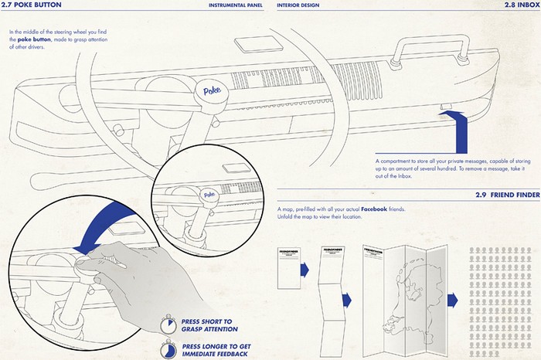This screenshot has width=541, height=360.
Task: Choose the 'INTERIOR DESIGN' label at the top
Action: [298, 6]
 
